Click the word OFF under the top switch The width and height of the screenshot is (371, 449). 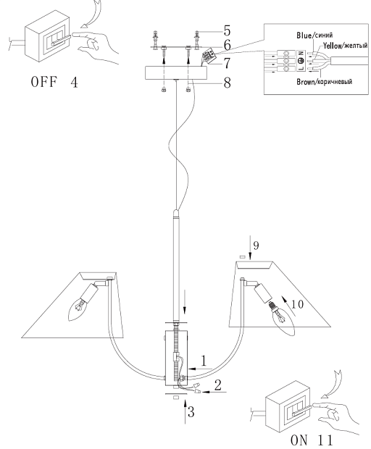click(43, 82)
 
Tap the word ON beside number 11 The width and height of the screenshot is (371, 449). click(299, 441)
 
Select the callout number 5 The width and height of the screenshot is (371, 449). click(227, 30)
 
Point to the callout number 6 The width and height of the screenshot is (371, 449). click(227, 45)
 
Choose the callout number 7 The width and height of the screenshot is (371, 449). click(227, 63)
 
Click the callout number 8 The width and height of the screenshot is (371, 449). click(227, 83)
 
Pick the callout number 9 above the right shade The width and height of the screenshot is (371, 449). click(256, 246)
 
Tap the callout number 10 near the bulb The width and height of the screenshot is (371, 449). click(297, 304)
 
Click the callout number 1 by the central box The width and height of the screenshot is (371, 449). click(204, 361)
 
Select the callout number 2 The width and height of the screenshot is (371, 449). click(217, 385)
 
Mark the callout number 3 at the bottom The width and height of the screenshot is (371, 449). click(191, 412)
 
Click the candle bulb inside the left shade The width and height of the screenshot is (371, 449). click(78, 309)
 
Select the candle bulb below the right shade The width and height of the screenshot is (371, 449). click(282, 318)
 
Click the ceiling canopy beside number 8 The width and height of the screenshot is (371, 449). click(176, 73)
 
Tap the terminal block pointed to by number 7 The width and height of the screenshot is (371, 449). click(209, 54)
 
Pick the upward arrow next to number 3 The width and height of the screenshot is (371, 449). click(185, 412)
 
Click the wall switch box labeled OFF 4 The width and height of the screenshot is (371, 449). click(48, 35)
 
